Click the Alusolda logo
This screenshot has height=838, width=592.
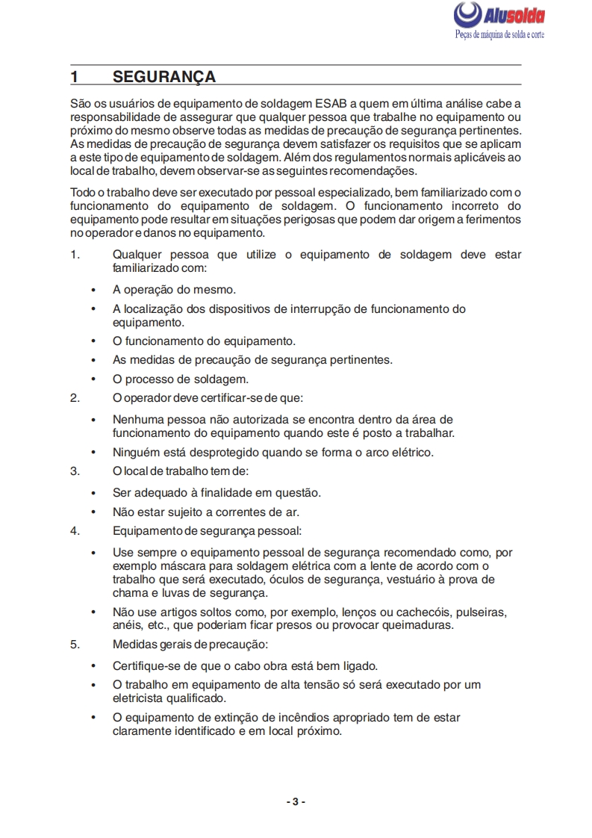click(x=499, y=15)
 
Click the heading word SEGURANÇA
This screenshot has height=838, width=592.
click(x=164, y=77)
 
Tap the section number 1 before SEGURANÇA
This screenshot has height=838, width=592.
click(x=75, y=77)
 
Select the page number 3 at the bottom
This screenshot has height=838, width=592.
click(x=296, y=801)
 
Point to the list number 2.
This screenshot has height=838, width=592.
click(x=75, y=397)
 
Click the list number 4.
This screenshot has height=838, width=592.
click(x=75, y=531)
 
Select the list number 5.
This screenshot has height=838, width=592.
click(x=75, y=644)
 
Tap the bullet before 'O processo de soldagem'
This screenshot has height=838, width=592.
click(x=93, y=379)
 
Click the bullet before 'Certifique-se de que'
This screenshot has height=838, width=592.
click(x=93, y=665)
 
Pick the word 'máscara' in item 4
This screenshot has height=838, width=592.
click(x=177, y=566)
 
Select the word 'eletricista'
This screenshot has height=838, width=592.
click(x=143, y=698)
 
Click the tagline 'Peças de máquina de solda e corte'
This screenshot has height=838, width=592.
click(x=499, y=35)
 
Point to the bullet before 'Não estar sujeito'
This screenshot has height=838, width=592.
click(x=93, y=512)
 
